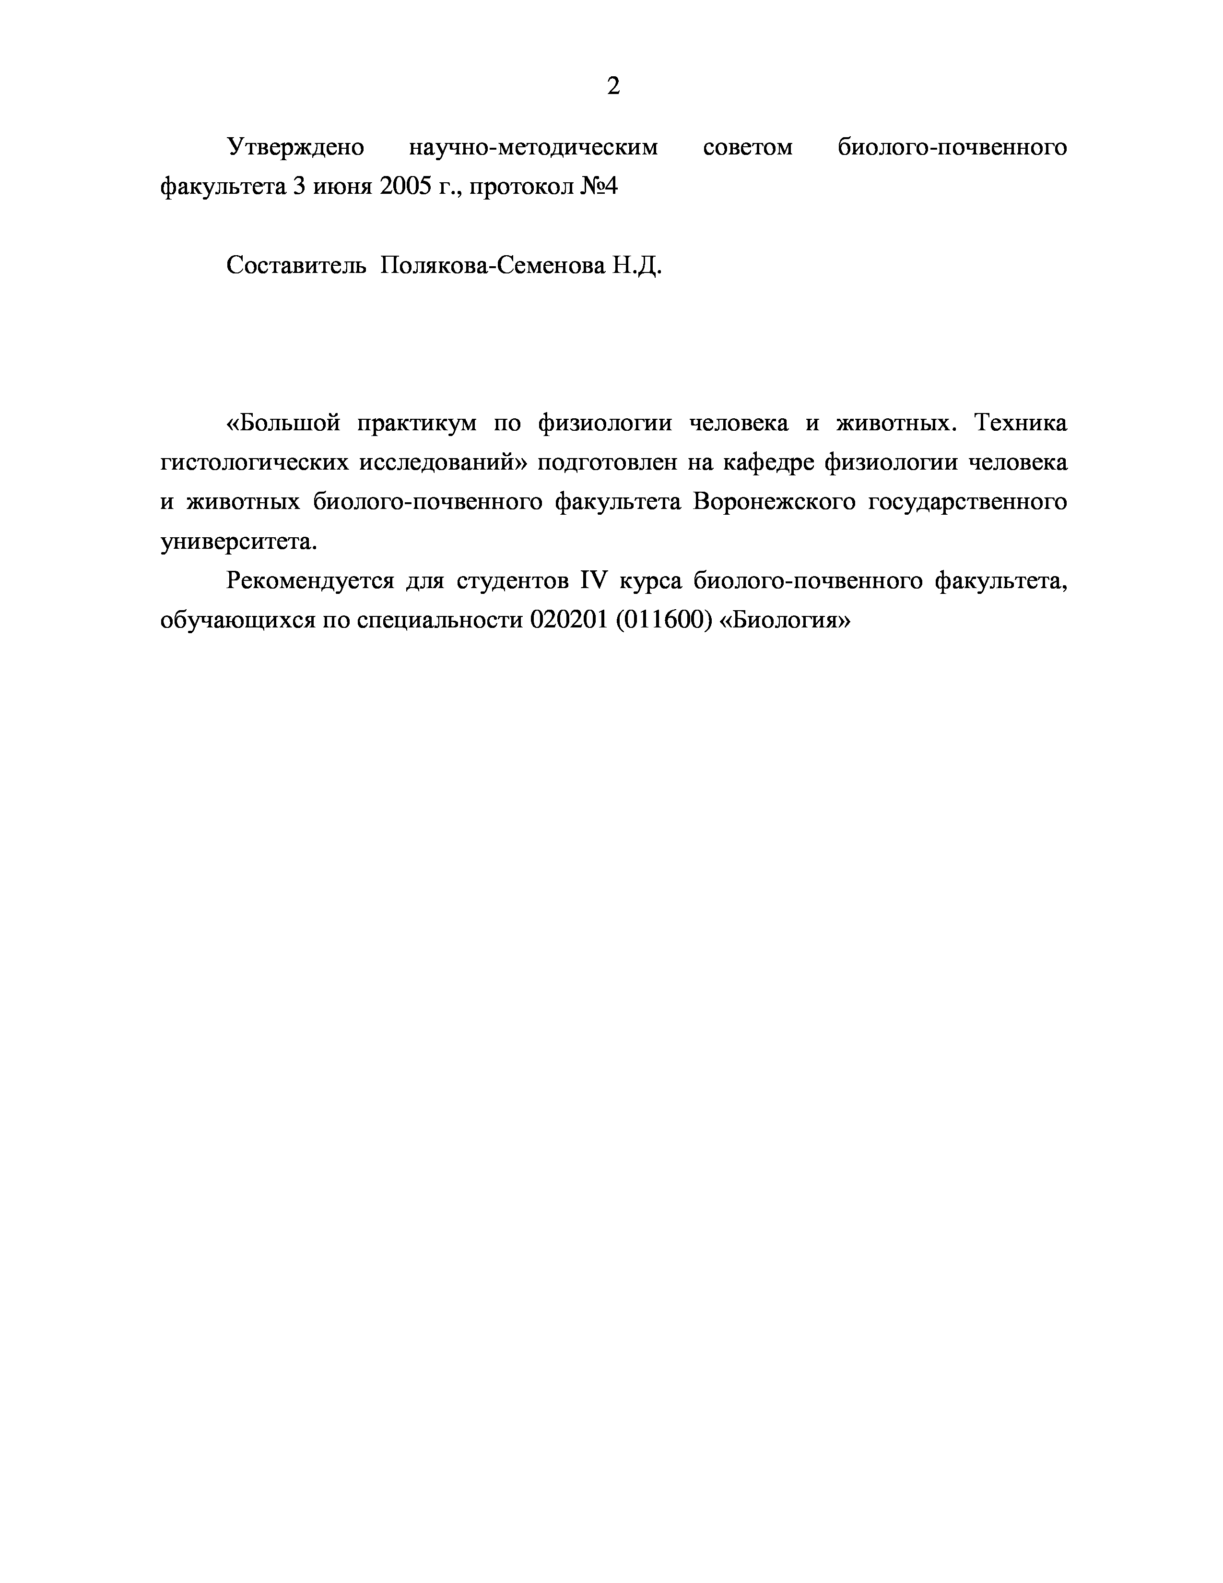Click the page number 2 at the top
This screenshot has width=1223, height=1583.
pos(613,87)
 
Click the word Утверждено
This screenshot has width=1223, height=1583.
pos(295,147)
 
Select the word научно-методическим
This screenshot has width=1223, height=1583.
pos(533,147)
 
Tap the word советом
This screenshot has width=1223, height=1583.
pos(748,147)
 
